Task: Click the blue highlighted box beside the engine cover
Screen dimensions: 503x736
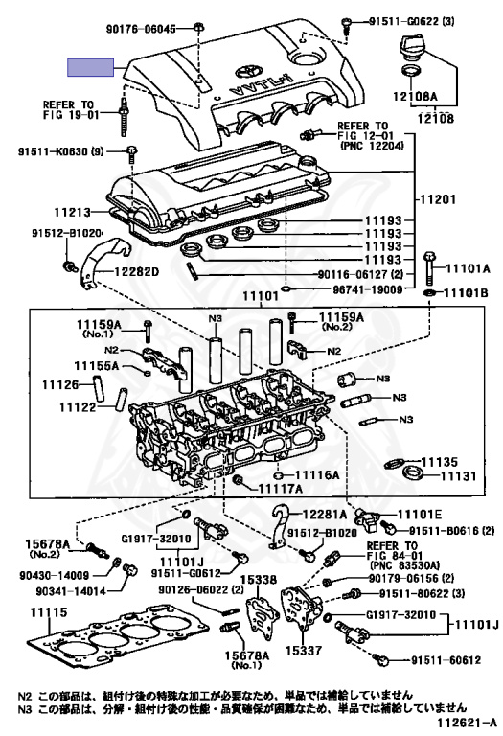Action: (x=91, y=67)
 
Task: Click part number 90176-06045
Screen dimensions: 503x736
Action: (x=141, y=29)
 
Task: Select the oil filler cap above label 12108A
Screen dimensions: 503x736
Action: (x=412, y=47)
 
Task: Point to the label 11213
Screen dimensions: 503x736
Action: (x=72, y=212)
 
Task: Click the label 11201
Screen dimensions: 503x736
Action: (x=437, y=199)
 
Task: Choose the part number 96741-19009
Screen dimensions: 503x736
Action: (x=368, y=289)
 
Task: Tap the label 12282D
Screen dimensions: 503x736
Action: (x=136, y=271)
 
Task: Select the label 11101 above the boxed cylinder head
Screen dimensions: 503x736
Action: (x=261, y=296)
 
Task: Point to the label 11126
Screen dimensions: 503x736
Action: (x=60, y=385)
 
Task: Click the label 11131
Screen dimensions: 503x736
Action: (x=458, y=476)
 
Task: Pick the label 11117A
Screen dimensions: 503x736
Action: (x=281, y=489)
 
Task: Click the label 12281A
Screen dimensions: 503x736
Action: (x=325, y=515)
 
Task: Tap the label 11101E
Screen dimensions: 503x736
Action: (x=420, y=515)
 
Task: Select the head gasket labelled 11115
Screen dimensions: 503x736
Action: (x=117, y=639)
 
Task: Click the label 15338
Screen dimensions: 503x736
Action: (x=260, y=580)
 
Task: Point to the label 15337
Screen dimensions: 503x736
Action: (x=304, y=651)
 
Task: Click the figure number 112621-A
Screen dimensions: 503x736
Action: (x=467, y=722)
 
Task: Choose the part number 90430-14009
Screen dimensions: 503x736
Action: (x=55, y=575)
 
